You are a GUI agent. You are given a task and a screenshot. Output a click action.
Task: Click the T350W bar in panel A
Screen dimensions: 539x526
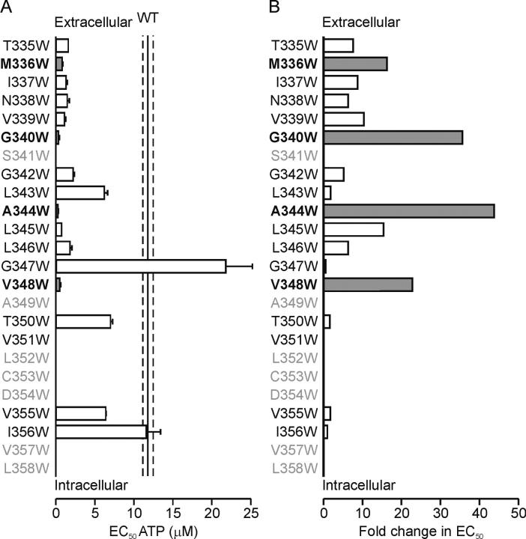click(83, 321)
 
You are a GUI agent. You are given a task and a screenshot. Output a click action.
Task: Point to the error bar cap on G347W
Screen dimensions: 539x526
click(253, 266)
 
